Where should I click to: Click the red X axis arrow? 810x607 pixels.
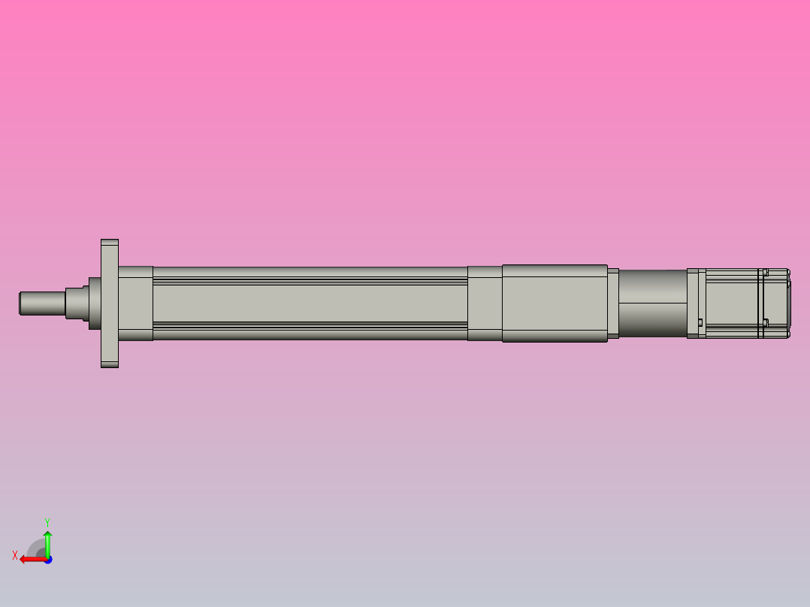[x=30, y=559]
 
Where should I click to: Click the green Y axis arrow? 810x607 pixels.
[x=47, y=542]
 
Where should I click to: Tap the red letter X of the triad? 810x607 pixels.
[x=15, y=555]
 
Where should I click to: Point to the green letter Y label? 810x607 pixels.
[x=47, y=521]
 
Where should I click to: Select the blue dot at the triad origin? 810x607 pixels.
[x=47, y=560]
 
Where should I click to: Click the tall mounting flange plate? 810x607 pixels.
[x=110, y=303]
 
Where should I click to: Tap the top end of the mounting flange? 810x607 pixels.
[x=110, y=243]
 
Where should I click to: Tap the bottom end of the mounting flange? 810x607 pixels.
[x=110, y=364]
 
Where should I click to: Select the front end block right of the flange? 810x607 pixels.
[x=135, y=303]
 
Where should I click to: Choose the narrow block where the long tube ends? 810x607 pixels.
[x=485, y=303]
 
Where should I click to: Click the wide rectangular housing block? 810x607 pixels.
[x=555, y=303]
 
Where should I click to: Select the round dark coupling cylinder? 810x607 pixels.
[x=652, y=303]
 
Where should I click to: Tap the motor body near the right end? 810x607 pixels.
[x=733, y=303]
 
